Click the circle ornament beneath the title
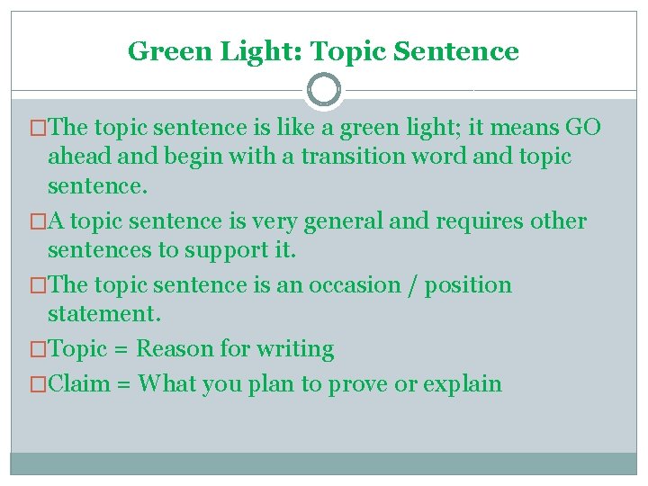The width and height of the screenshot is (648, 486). click(x=324, y=90)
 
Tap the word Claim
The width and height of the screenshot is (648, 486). click(x=78, y=384)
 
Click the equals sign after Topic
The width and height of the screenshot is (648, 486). click(x=122, y=349)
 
